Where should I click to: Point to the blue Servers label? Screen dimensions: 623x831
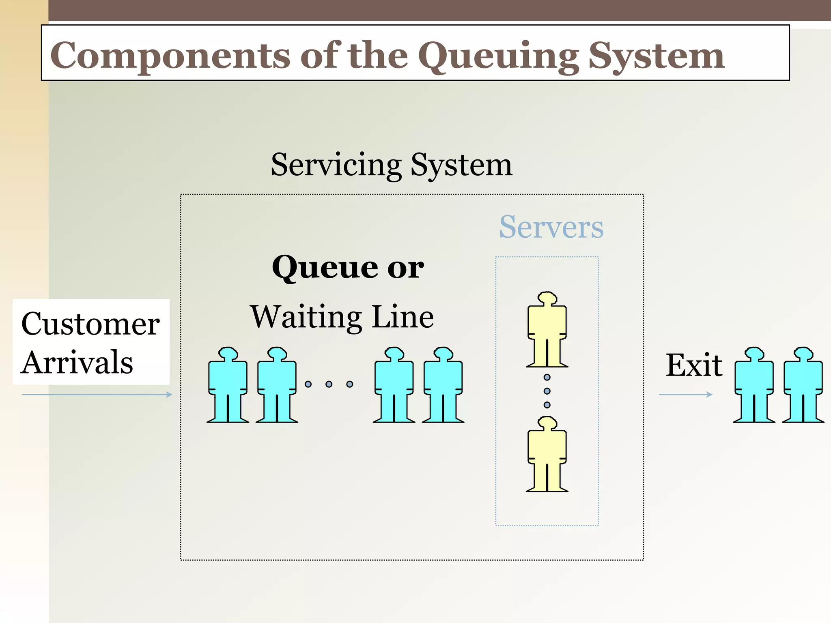(x=551, y=227)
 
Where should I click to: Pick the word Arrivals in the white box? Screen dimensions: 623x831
(x=78, y=362)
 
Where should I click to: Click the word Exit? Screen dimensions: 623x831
(x=694, y=365)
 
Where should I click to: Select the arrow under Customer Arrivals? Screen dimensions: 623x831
(x=97, y=394)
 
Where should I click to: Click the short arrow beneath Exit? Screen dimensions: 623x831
(x=685, y=394)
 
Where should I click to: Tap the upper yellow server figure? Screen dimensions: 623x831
(x=547, y=329)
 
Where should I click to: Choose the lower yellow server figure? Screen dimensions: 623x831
(x=547, y=454)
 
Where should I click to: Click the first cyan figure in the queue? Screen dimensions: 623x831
(x=228, y=385)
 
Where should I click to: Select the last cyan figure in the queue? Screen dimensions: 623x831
(x=443, y=385)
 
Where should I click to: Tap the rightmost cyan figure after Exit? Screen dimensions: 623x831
(x=803, y=385)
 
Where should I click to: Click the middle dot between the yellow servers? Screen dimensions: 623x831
(x=547, y=391)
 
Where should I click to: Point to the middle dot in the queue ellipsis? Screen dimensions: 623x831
(x=329, y=384)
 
